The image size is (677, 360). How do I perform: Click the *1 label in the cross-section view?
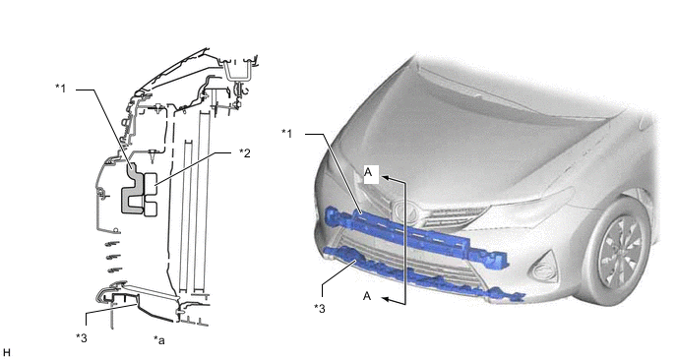click(x=61, y=90)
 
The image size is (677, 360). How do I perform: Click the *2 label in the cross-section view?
click(x=246, y=153)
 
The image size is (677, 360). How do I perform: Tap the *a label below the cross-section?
click(x=159, y=340)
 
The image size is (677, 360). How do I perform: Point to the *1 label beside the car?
click(x=287, y=133)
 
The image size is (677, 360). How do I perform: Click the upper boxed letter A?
click(x=368, y=173)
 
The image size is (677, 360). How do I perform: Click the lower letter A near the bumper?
click(x=367, y=296)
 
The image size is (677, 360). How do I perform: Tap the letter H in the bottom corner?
click(x=7, y=351)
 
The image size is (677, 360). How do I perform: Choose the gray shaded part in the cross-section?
click(x=131, y=192)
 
